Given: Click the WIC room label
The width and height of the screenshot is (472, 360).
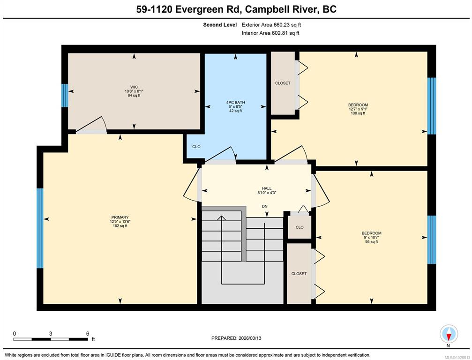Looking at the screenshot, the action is pos(134,87).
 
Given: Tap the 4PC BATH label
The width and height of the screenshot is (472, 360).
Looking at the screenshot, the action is pos(235,102).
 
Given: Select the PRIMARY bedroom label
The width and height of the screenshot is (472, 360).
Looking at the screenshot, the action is pos(120,217).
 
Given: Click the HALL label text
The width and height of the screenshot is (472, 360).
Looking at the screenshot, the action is pos(267,188).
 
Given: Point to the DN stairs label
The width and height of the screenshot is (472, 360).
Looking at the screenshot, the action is pos(265,207).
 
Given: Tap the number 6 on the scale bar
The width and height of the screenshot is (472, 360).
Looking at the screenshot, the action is pos(88,333).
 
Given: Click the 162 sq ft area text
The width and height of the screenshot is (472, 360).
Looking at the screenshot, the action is pos(120,226).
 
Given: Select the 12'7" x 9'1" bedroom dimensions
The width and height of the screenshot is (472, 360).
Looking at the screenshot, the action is pos(358,109).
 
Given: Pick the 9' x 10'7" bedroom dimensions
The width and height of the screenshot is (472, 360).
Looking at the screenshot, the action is pos(371,238).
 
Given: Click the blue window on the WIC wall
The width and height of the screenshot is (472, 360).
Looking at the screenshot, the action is pos(65,96).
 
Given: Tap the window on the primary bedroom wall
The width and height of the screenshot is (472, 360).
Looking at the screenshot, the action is pos(40,228).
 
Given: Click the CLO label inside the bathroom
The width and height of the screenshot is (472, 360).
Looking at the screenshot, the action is pos(196,147).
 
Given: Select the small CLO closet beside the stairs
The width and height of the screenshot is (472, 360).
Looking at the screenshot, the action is pos(300,227).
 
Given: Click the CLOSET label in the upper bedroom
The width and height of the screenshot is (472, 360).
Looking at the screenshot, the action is pos(283,83).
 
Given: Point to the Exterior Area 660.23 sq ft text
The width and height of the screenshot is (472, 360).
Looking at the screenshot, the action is pos(271,25).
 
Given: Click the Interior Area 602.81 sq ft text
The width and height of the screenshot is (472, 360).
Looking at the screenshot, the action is pos(270,33).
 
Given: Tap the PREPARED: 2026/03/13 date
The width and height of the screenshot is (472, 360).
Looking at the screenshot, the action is pos(236,338).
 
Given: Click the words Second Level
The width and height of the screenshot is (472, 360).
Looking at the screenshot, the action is pos(220,25).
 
